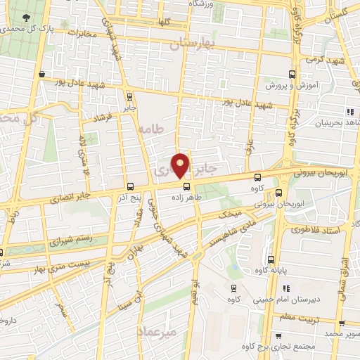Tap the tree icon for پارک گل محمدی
click(x=25, y=17)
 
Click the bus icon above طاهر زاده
click(x=187, y=187)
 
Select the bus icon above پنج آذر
click(x=131, y=186)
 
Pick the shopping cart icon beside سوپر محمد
click(x=341, y=324)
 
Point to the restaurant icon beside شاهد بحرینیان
click(x=349, y=112)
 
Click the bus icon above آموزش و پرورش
click(x=292, y=73)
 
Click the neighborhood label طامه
click(x=151, y=129)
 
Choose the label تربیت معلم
click(x=311, y=318)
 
